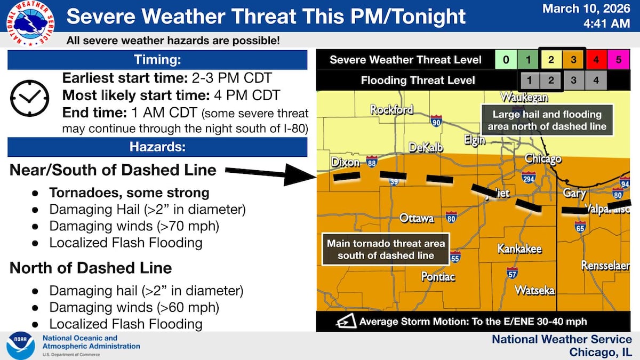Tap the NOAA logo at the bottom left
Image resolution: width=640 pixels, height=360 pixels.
pyautogui.click(x=21, y=346)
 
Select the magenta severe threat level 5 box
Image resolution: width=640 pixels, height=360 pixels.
pyautogui.click(x=619, y=60)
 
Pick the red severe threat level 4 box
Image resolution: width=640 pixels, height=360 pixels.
pyautogui.click(x=596, y=60)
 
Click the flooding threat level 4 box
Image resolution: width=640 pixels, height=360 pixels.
pyautogui.click(x=596, y=81)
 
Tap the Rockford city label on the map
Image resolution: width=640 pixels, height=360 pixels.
pyautogui.click(x=391, y=110)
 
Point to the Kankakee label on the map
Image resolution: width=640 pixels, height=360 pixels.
pyautogui.click(x=519, y=249)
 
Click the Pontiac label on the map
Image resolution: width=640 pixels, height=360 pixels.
pyautogui.click(x=438, y=276)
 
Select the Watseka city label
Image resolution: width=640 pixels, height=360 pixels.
pyautogui.click(x=534, y=291)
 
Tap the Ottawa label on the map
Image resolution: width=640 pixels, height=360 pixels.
pyautogui.click(x=417, y=218)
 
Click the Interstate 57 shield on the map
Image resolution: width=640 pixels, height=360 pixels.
pyautogui.click(x=512, y=273)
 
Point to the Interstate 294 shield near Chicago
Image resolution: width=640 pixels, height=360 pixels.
pyautogui.click(x=529, y=178)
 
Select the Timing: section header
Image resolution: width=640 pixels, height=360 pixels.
pyautogui.click(x=157, y=60)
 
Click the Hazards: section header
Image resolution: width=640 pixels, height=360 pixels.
pyautogui.click(x=157, y=147)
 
